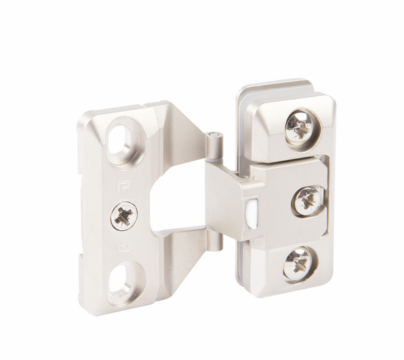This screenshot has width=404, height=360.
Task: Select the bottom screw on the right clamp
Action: click(297, 262)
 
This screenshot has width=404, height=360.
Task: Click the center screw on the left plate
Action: click(125, 215)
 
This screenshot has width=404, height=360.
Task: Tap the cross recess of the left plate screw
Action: click(125, 215)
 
